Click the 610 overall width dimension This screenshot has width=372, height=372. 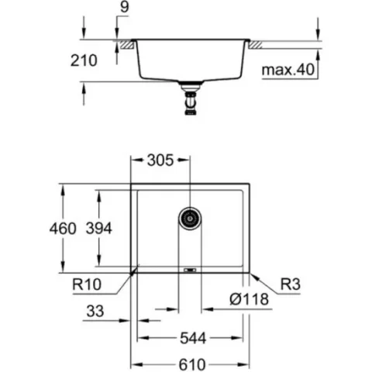(x=192, y=365)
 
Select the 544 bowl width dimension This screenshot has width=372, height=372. (x=193, y=338)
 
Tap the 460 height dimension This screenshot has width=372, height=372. (x=63, y=229)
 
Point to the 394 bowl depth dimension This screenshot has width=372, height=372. (x=99, y=229)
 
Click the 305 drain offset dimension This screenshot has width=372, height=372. (x=160, y=160)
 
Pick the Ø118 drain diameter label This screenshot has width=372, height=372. (x=249, y=299)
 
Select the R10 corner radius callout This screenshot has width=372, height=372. (x=87, y=284)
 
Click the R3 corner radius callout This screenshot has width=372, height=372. (x=291, y=284)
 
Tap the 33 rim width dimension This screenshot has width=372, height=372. (x=95, y=311)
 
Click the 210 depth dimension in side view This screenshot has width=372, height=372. (x=84, y=60)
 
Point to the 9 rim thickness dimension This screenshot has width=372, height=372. (x=125, y=7)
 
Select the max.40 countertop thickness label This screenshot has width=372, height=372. (x=288, y=70)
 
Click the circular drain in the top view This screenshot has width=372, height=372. (x=190, y=219)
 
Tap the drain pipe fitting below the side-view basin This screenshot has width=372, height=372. (x=191, y=98)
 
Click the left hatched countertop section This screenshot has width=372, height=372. (x=126, y=44)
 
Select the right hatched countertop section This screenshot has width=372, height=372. (x=256, y=44)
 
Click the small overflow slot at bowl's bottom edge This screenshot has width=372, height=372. (x=190, y=270)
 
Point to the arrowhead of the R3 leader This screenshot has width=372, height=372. (x=254, y=277)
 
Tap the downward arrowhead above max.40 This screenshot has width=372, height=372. (x=318, y=34)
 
